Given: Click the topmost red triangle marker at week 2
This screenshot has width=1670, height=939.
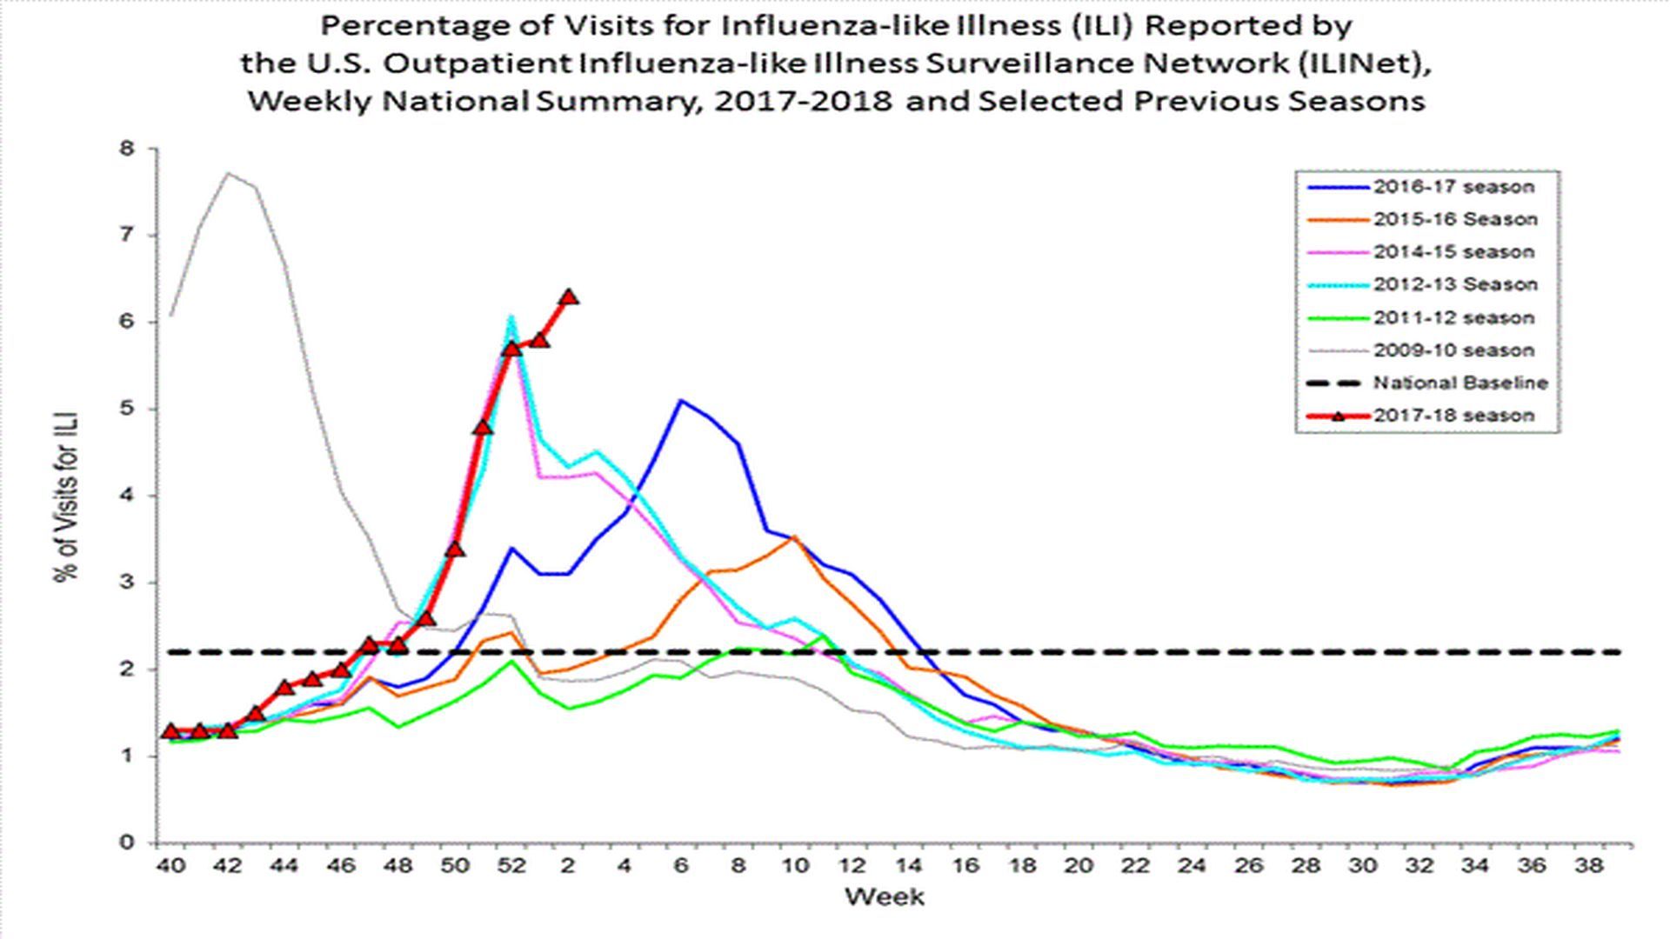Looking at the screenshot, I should pos(569,297).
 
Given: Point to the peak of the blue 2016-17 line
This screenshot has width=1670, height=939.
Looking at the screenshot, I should pos(681,401).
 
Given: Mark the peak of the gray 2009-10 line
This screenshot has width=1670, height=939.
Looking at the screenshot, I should pos(228,173).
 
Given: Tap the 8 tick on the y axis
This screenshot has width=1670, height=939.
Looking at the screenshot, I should pos(128,149).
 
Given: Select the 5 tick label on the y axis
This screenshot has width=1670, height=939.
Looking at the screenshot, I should pos(128,409).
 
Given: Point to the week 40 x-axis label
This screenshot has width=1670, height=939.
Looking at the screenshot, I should pos(171,866).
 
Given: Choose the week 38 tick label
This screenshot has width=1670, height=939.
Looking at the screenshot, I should pos(1587,866).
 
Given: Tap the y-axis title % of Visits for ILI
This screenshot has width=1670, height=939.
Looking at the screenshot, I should pos(67,496).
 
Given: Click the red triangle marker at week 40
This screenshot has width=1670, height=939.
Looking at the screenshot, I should pos(171,731).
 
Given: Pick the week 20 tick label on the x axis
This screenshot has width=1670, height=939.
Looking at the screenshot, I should pos(1078,866).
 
